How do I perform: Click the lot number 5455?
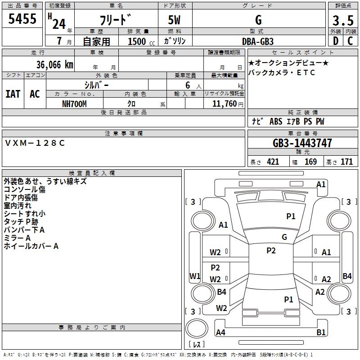(22, 19)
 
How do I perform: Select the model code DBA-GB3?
(258, 41)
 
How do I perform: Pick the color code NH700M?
(74, 103)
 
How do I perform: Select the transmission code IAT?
(13, 94)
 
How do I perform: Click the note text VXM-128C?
(35, 143)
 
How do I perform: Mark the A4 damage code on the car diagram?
(220, 333)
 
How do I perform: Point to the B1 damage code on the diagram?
(321, 333)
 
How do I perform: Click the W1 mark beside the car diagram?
(195, 276)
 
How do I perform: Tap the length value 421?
(273, 162)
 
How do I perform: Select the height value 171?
(346, 162)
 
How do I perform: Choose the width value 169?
(310, 162)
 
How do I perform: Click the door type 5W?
(175, 20)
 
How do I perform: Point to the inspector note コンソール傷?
(24, 189)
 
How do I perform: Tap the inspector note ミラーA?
(17, 238)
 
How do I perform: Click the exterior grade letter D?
(335, 41)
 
